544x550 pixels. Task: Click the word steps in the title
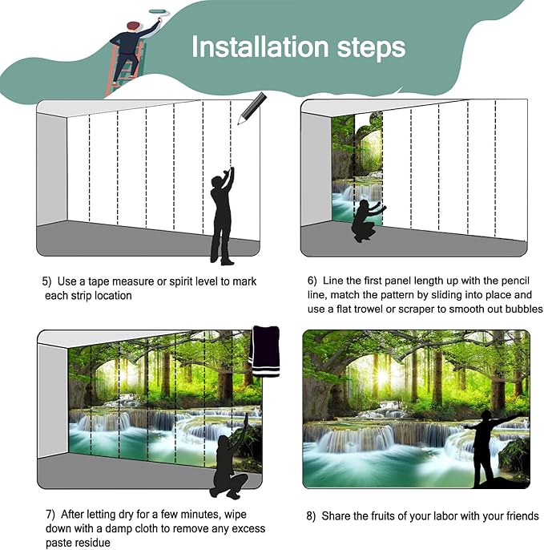pyautogui.click(x=371, y=48)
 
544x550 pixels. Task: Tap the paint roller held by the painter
pyautogui.click(x=159, y=13)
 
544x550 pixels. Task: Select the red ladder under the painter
pyautogui.click(x=124, y=71)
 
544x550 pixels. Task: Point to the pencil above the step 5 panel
pyautogui.click(x=252, y=108)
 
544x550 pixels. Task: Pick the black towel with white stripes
pyautogui.click(x=265, y=351)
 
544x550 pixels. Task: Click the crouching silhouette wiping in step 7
pyautogui.click(x=230, y=459)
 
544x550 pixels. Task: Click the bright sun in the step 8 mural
pyautogui.click(x=382, y=377)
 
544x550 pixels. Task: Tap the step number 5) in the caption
pyautogui.click(x=46, y=281)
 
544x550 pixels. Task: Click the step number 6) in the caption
pyautogui.click(x=312, y=281)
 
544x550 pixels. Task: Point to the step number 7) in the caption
pyautogui.click(x=50, y=515)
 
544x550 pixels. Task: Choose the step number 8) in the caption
pyautogui.click(x=311, y=516)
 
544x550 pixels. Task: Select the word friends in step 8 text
pyautogui.click(x=522, y=516)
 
